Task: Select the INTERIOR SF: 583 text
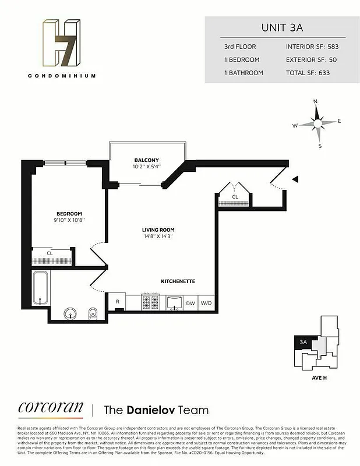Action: point(313,46)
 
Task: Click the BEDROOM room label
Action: point(69,213)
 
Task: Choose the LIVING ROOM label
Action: point(158,230)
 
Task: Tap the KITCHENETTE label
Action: point(178,281)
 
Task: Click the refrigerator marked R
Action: point(118,302)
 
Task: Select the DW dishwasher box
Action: point(190,303)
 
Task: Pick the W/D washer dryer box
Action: point(207,303)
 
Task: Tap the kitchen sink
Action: point(174,302)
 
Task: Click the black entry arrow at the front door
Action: point(295,179)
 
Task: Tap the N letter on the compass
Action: point(316,101)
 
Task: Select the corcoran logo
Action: point(51,408)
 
